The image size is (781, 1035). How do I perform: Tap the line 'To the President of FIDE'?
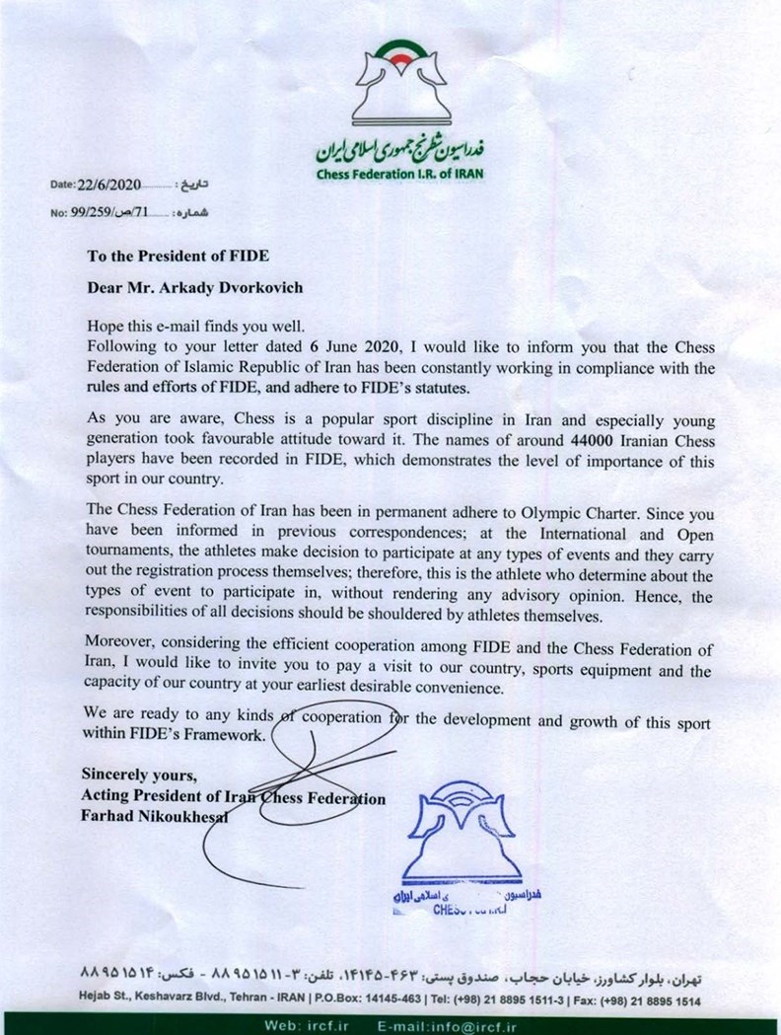(x=177, y=254)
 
